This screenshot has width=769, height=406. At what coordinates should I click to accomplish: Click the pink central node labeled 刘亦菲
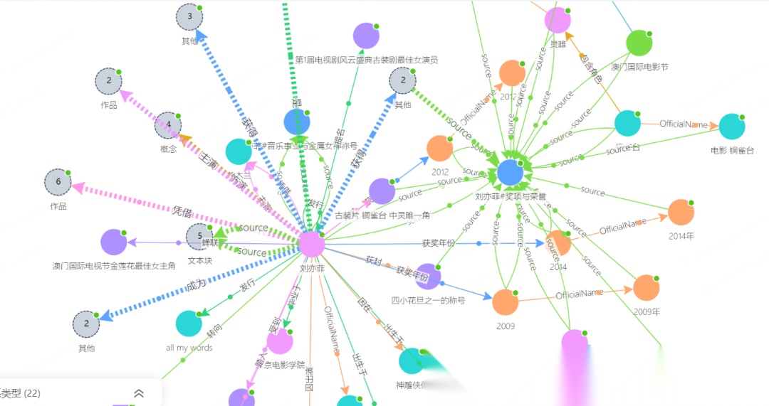coord(312,245)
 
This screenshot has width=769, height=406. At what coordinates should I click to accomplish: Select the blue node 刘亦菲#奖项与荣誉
coord(510,172)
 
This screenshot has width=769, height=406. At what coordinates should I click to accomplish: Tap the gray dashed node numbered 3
coord(189,17)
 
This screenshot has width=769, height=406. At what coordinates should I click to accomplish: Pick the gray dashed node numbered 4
coord(169,125)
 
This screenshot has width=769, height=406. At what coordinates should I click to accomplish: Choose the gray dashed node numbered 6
coord(58,183)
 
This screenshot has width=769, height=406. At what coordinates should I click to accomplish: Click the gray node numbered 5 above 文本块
coord(200,237)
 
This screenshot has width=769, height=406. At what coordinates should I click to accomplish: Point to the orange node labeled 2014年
coord(681,213)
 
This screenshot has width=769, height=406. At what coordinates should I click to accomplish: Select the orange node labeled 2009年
coord(647,288)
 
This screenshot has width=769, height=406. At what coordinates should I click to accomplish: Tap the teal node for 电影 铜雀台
coord(731,127)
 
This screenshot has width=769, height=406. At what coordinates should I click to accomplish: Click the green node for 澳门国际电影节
coord(639,43)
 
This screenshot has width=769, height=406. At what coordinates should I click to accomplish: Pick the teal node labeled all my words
coord(189,324)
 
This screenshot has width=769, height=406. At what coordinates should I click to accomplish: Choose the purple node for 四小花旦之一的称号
coord(428,277)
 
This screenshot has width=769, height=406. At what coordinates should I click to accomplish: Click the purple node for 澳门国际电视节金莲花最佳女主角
coord(114,242)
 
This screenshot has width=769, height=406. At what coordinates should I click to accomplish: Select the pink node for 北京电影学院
coord(280,342)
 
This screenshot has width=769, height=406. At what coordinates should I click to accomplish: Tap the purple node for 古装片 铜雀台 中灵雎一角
coord(382,191)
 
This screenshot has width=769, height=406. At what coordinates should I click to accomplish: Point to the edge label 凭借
coord(183,211)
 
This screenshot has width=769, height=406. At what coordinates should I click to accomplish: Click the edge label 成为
coord(195,283)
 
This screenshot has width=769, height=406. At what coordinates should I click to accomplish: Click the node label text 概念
coord(169,149)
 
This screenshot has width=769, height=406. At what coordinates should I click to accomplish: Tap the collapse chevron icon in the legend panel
coord(139,393)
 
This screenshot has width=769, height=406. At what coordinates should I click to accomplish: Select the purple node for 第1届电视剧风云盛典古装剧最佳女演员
coord(366,36)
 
